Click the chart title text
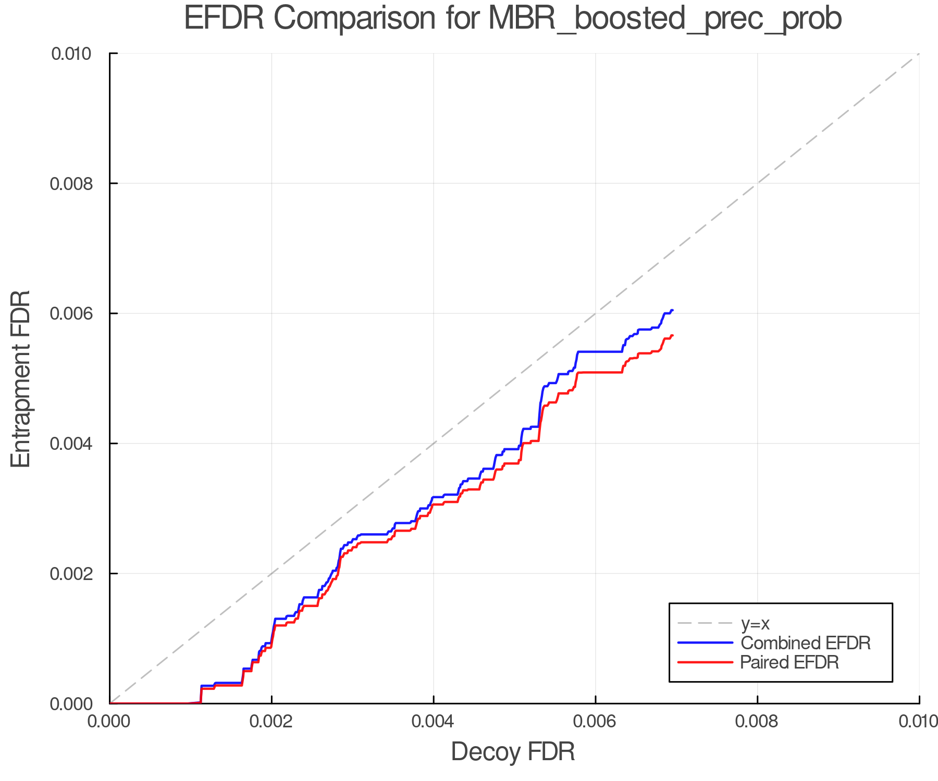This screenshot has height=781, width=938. [513, 19]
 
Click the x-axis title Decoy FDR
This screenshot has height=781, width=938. [513, 752]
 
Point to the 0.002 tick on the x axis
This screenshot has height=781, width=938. [271, 722]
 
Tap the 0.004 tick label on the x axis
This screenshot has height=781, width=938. [434, 722]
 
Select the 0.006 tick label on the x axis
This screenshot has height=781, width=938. [596, 722]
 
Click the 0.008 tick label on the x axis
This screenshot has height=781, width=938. [757, 722]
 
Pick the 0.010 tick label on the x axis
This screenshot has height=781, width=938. [918, 722]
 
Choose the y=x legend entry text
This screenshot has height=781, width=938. [755, 623]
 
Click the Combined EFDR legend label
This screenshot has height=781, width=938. [805, 643]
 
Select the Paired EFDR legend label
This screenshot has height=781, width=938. [789, 662]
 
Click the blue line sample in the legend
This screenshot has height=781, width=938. [705, 643]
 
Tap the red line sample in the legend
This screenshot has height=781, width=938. [705, 662]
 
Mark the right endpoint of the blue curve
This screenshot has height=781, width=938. [673, 310]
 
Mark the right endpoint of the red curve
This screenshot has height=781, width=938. [673, 335]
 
